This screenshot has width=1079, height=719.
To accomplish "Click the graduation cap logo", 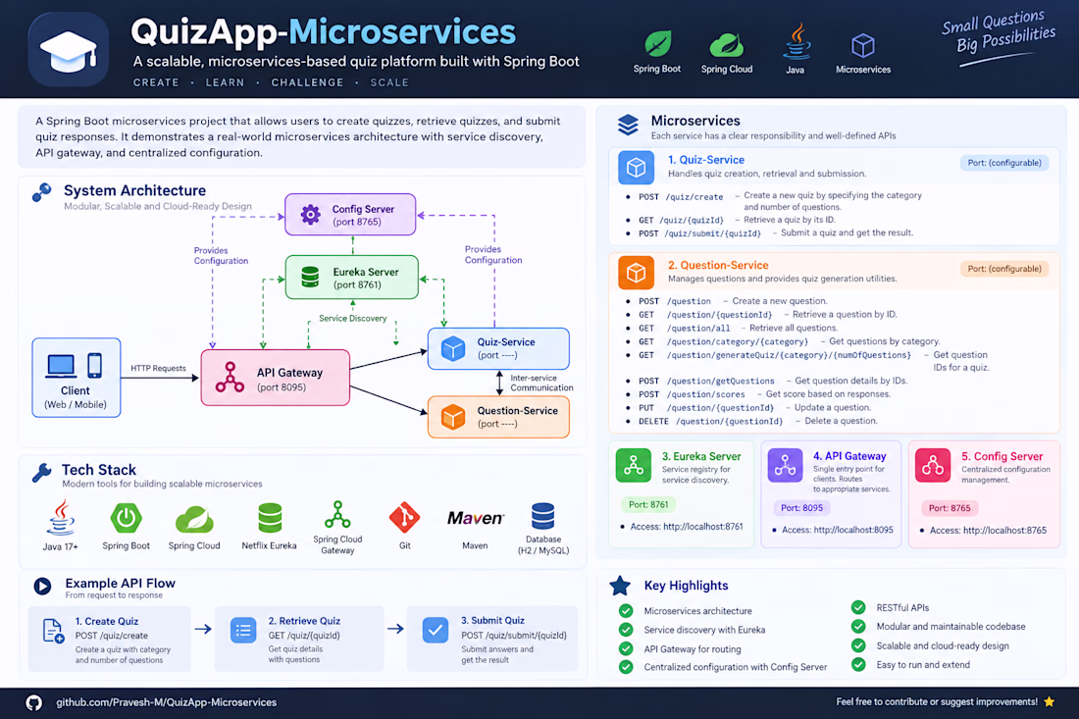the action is pos(68,50).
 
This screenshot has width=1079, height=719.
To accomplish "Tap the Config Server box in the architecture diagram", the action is pos(350,215).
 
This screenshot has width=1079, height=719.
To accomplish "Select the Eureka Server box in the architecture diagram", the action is pos(351,278).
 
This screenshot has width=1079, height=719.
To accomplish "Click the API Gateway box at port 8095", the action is pos(276,378).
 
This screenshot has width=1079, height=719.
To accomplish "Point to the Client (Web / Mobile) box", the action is pos(77,378).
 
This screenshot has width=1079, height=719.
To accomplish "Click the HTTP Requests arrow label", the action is pos(158,368).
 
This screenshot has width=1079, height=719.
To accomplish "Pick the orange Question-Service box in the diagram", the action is pos(498,417).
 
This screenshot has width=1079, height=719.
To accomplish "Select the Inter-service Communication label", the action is pos(541,383).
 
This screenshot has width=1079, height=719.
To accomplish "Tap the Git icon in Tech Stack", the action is pos(404,517).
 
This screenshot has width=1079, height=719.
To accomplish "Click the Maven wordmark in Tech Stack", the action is pos(476,518).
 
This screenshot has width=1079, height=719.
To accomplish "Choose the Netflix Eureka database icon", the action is pos(270,518).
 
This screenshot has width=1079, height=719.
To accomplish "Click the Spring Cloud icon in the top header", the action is pos(727,45).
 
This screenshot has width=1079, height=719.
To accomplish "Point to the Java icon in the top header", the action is pos(796,42).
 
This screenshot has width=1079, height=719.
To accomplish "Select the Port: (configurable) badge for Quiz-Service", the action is pos(1004,163).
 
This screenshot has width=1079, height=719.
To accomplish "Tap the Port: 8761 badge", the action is pos(648,504).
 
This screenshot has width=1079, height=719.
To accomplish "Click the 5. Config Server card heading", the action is pos(1002,456).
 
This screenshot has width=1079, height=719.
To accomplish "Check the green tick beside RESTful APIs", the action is pos(858,607).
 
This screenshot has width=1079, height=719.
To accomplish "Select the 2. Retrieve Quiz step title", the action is pos(304,621).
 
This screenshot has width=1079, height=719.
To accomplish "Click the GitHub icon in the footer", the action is pos(33,702).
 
